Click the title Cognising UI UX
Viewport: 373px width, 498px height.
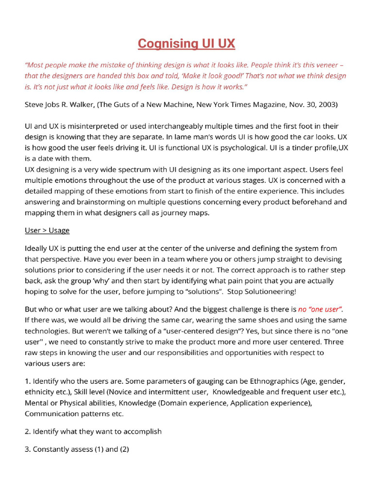click(x=186, y=44)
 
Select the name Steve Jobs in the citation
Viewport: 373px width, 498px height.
click(x=42, y=105)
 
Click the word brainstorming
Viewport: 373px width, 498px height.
click(x=98, y=201)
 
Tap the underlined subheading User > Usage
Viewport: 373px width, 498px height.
click(x=47, y=230)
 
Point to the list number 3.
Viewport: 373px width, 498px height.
click(x=27, y=449)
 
